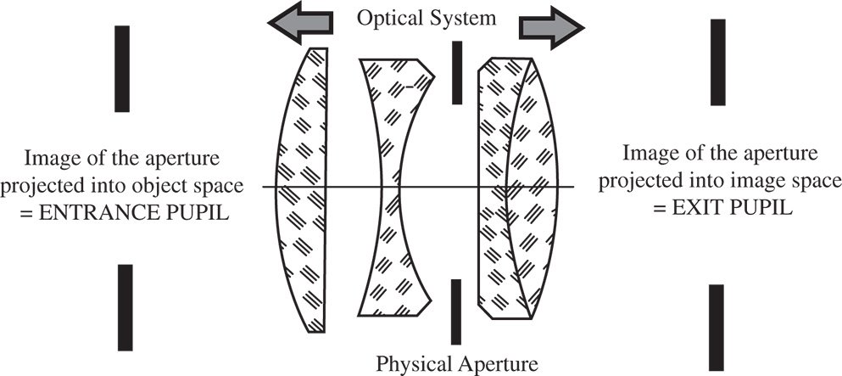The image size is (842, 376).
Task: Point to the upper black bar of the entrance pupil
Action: [x=122, y=68]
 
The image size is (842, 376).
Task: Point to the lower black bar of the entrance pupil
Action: [x=125, y=306]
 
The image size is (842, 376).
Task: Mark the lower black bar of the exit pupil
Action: [x=716, y=328]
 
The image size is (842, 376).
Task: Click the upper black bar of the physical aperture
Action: [x=457, y=72]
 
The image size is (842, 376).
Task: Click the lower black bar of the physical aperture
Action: [x=457, y=311]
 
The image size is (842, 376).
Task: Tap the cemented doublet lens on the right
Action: [x=517, y=187]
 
